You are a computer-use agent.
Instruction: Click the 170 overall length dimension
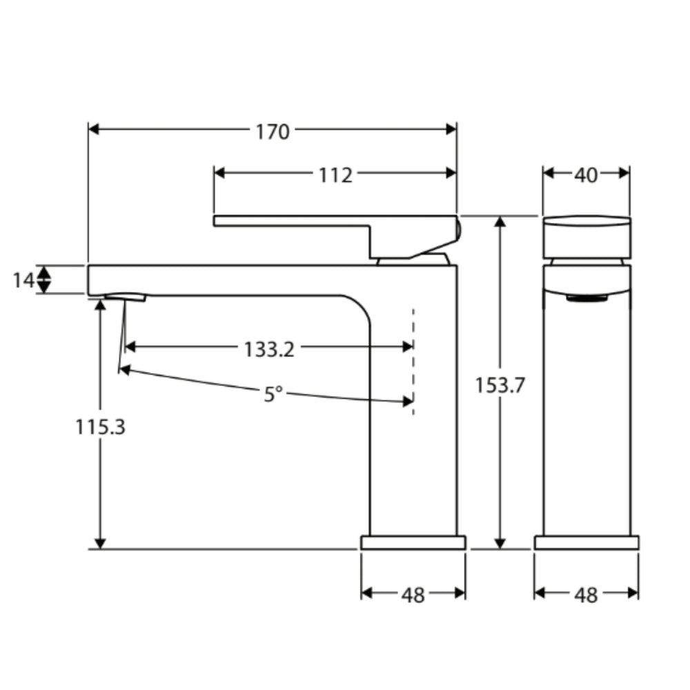click(x=273, y=131)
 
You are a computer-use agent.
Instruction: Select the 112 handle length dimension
click(x=335, y=175)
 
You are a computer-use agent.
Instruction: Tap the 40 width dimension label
click(x=586, y=175)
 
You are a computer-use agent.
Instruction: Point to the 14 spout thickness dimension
click(x=23, y=280)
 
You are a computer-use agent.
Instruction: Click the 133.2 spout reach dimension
click(x=268, y=349)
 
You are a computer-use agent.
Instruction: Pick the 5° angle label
click(x=273, y=395)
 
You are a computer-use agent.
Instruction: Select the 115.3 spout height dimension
click(x=101, y=427)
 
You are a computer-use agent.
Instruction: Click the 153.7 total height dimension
click(x=500, y=386)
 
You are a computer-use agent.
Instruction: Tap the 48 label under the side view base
click(x=413, y=595)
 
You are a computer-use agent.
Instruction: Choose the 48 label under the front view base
click(x=586, y=595)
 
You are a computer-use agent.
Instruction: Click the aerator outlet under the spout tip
click(x=126, y=297)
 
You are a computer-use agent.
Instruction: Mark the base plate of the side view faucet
click(x=413, y=542)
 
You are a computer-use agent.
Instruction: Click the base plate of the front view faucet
click(x=586, y=542)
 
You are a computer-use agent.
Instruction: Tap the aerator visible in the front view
click(x=586, y=298)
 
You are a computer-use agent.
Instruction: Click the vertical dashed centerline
click(x=413, y=362)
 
